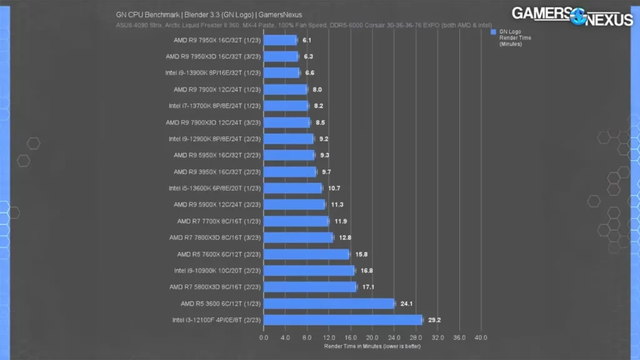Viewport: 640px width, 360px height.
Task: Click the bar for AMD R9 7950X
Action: pos(280,40)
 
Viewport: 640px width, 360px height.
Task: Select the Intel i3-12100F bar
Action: pos(343,320)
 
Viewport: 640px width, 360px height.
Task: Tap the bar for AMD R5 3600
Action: pos(329,304)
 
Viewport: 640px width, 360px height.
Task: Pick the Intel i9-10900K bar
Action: pos(309,271)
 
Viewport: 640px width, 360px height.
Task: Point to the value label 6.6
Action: pos(309,73)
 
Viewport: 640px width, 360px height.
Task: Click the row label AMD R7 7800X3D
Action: pos(214,237)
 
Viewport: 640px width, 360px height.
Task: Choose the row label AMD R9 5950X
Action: pos(214,155)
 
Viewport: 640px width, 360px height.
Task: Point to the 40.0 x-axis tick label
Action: pos(480,337)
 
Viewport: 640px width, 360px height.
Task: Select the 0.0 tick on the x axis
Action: pos(264,337)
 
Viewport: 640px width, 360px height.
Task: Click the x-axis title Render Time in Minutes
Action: pos(372,346)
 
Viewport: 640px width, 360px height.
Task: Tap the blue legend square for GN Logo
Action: pos(494,31)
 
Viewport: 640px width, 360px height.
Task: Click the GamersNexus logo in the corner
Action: pos(572,16)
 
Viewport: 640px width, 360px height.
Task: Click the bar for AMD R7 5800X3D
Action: pos(310,287)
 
